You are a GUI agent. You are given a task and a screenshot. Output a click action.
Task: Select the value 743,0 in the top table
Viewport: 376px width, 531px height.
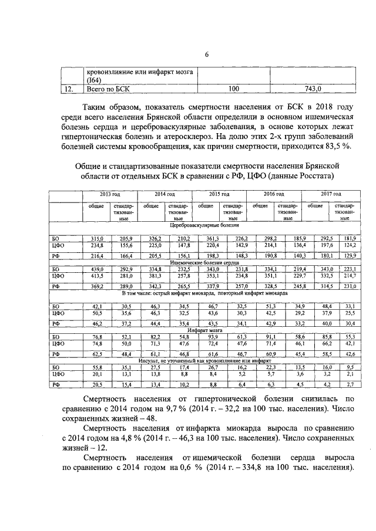313,89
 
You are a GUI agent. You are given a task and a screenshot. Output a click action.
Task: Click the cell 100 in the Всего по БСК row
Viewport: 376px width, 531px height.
233,89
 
